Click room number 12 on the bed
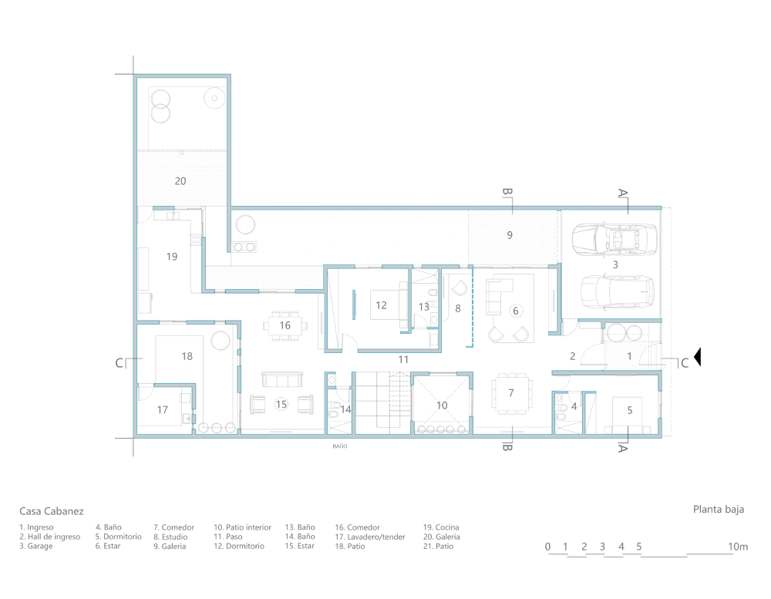(381, 305)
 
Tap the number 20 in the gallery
(180, 181)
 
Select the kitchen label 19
(172, 256)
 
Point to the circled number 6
(515, 311)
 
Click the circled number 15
(281, 404)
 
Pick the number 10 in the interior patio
(442, 406)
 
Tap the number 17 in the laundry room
(162, 409)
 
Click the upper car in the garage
(614, 240)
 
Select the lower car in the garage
(618, 291)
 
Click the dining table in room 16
(285, 325)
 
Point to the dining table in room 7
(512, 393)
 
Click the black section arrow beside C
(697, 356)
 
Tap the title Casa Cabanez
(52, 511)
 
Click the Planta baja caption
(719, 510)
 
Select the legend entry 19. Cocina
(441, 527)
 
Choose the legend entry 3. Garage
(36, 546)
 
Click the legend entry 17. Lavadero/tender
(370, 537)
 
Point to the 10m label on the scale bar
(738, 547)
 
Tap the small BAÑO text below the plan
(340, 446)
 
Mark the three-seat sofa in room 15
(281, 379)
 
